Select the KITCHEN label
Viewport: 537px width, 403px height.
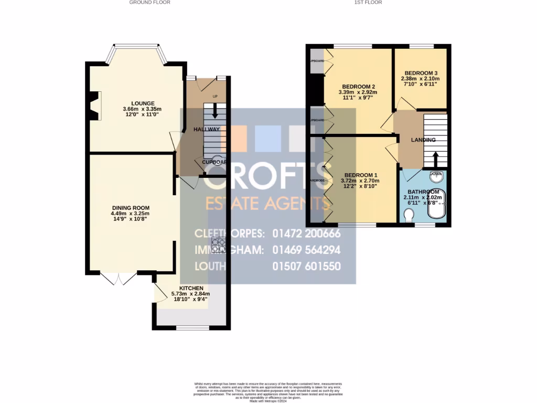tap(191, 288)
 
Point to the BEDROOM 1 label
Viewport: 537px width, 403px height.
tap(359, 175)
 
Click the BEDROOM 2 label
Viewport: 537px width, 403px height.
tap(359, 87)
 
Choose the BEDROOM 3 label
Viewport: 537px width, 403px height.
tap(418, 73)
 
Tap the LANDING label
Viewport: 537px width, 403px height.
tap(423, 140)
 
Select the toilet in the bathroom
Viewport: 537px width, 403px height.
tap(410, 215)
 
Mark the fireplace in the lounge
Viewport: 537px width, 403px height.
tap(94, 106)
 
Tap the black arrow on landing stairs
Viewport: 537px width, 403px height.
tap(435, 158)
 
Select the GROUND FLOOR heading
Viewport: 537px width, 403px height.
tap(150, 3)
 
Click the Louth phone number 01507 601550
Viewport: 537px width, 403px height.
tap(306, 266)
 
